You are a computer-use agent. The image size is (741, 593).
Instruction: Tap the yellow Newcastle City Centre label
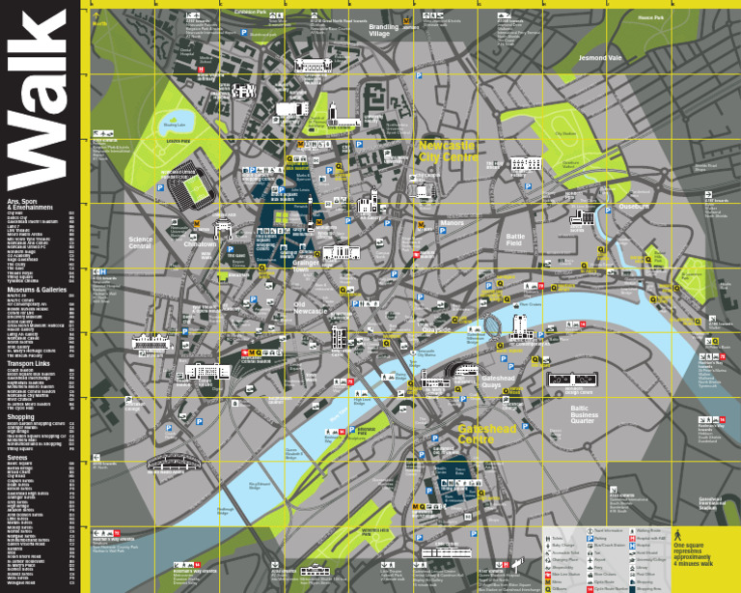(x=448, y=151)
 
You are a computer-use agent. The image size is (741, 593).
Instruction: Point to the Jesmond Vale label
(x=599, y=58)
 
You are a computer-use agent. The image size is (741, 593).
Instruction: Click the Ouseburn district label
(x=634, y=206)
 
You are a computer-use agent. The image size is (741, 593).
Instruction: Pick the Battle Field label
(x=515, y=239)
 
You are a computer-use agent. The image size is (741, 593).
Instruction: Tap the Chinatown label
(x=201, y=244)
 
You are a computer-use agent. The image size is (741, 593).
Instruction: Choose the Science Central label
(x=141, y=242)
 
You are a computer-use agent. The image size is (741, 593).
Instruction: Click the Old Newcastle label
(x=311, y=307)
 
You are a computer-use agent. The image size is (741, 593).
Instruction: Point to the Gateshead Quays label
(x=499, y=381)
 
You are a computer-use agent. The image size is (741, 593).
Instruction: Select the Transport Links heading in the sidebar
(x=28, y=363)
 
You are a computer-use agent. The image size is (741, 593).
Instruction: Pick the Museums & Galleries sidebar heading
(x=37, y=290)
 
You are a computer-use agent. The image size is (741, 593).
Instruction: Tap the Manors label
(x=452, y=223)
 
